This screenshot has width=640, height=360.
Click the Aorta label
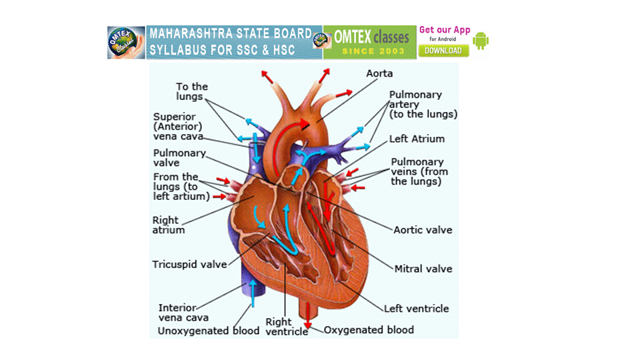[379, 73]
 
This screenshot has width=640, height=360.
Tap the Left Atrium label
[417, 139]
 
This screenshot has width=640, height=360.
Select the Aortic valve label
[423, 230]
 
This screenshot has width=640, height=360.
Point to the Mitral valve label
[423, 269]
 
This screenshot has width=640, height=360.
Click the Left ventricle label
[416, 309]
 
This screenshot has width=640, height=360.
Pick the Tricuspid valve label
[189, 264]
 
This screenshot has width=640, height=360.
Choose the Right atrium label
[169, 225]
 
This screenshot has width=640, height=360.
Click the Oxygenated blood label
[369, 330]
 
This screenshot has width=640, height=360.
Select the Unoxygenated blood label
[209, 331]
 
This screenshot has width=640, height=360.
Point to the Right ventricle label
[287, 327]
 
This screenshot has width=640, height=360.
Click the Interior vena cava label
[177, 313]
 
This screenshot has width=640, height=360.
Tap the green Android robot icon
[481, 42]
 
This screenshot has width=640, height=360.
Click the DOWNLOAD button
[443, 51]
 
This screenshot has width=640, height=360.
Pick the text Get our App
[445, 30]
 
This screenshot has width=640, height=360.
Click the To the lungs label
[192, 91]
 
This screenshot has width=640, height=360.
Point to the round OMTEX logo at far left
[125, 43]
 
